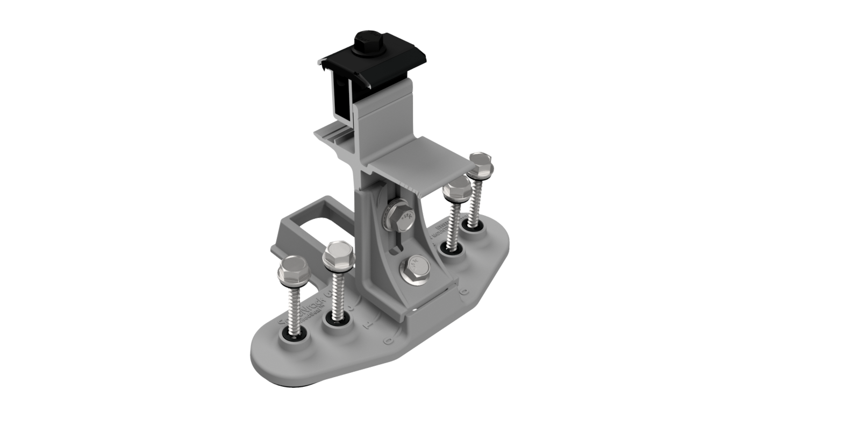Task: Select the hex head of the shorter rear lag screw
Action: [x=457, y=188]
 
